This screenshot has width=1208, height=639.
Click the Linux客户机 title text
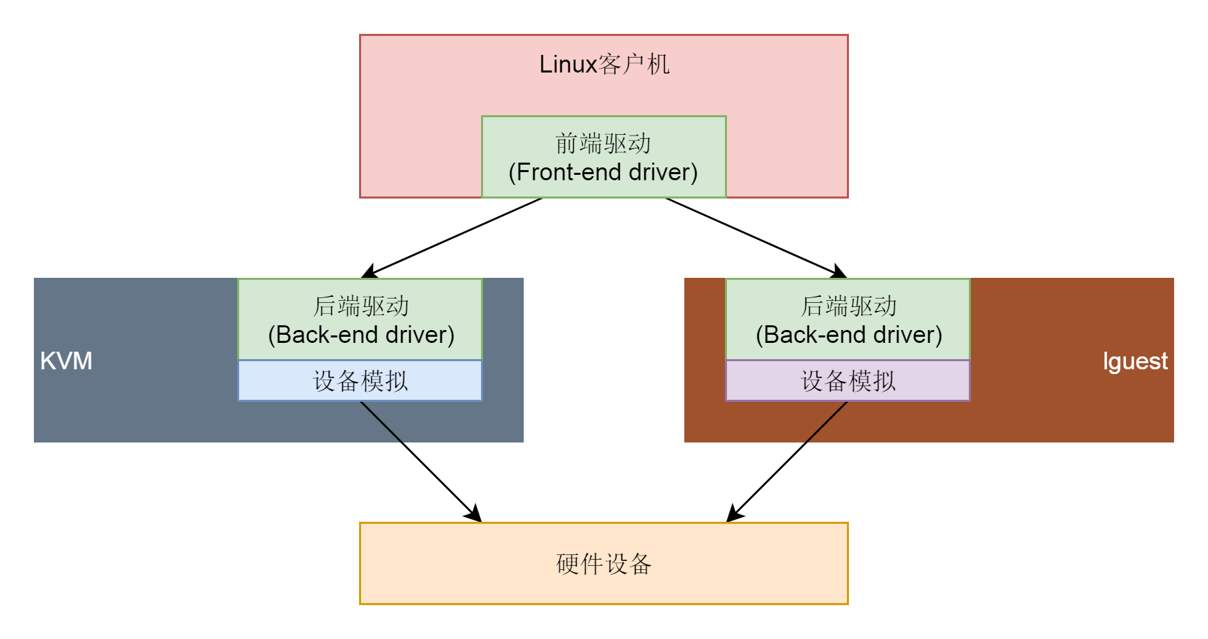point(604,64)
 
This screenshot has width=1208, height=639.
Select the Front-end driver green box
point(603,157)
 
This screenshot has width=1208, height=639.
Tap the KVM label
point(66,360)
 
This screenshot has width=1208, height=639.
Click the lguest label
point(1135,361)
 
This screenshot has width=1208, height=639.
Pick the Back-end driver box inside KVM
point(360,319)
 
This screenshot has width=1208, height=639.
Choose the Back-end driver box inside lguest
point(848,319)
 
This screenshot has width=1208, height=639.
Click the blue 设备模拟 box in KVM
point(360,381)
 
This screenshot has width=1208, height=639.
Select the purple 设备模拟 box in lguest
point(848,381)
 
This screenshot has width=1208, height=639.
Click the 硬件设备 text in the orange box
point(604,564)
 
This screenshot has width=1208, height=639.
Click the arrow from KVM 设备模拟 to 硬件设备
point(420,461)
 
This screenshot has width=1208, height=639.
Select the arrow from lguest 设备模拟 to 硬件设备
point(788,461)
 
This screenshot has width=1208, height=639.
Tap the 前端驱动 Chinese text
point(603,144)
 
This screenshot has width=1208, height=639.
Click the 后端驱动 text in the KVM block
point(360,306)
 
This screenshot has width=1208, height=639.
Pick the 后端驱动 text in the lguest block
point(848,306)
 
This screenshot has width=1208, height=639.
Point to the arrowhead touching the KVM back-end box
point(369,272)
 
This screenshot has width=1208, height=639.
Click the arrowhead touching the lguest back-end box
point(839,272)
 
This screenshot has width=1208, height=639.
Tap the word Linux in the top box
point(568,64)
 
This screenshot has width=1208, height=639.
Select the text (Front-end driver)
point(603,172)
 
